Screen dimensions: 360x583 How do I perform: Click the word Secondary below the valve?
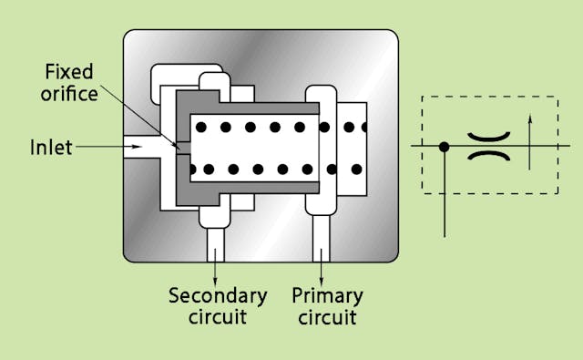pos(218,296)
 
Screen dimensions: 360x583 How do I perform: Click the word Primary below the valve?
pos(327,296)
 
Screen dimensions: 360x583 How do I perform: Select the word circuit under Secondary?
pos(218,317)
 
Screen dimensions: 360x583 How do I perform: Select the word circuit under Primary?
pos(327,317)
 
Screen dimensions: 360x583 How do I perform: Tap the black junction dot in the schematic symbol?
pos(444,146)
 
